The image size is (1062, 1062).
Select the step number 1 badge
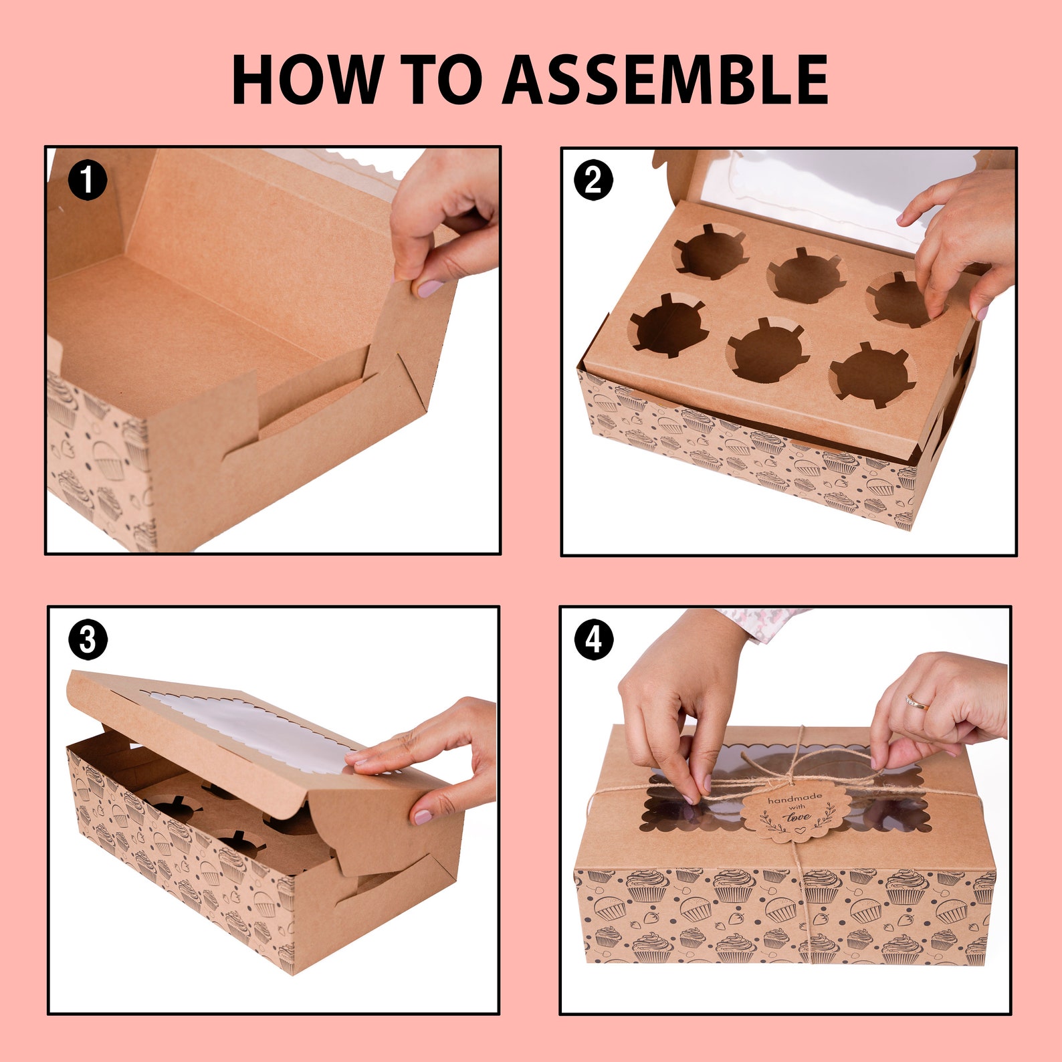[x=88, y=180]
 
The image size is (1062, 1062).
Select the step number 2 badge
[x=593, y=180]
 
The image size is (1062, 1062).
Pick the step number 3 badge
[x=88, y=640]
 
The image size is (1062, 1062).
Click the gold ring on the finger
[x=917, y=702]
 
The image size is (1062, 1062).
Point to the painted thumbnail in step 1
[x=429, y=289]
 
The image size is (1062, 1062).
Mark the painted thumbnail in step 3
[x=423, y=817]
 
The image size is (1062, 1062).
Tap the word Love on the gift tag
[x=798, y=817]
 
